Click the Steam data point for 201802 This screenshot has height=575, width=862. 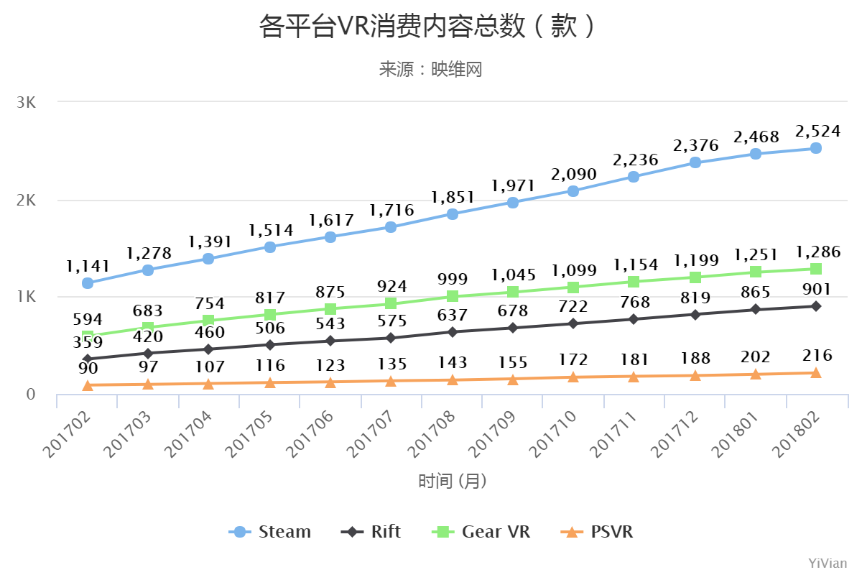click(816, 148)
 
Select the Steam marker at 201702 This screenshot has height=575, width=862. click(88, 283)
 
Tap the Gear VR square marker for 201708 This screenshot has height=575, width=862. click(453, 296)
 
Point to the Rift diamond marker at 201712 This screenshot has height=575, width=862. click(695, 314)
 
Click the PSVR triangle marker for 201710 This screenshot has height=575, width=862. click(573, 377)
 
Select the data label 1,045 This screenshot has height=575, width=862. click(513, 275)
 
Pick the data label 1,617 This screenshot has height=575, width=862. click(330, 220)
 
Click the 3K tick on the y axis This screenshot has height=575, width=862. click(26, 102)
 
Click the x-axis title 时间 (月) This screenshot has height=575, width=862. click(453, 481)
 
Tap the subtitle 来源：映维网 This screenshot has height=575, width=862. click(430, 69)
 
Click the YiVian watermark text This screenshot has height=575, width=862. click(828, 563)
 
